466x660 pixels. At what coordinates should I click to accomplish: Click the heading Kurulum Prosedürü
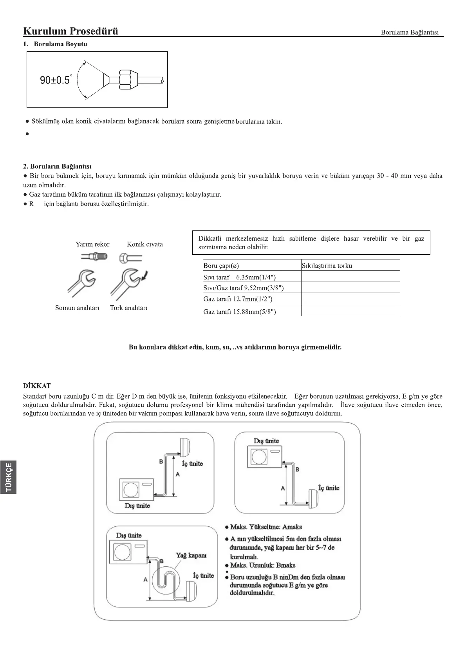coord(70,31)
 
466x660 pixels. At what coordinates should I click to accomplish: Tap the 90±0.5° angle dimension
coord(55,80)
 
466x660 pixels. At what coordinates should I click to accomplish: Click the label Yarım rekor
coord(92,244)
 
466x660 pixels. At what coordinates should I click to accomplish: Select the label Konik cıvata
coord(144,244)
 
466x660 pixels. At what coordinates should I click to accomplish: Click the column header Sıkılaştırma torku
coord(327,266)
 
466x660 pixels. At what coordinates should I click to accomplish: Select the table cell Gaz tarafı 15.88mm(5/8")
coord(240,312)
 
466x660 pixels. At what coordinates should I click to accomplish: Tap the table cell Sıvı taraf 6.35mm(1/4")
coord(239,277)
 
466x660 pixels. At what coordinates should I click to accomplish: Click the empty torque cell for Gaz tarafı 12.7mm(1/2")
coord(350,299)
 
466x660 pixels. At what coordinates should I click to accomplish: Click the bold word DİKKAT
coord(37,386)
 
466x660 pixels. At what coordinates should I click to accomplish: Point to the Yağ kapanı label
coord(191,555)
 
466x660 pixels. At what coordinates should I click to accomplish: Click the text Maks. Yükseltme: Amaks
coord(266,527)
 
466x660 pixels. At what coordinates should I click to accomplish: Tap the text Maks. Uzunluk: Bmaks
coord(263,565)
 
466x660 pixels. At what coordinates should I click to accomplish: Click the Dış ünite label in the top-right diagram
coord(266,441)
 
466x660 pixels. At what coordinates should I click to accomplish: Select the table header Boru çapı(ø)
coord(221,266)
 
